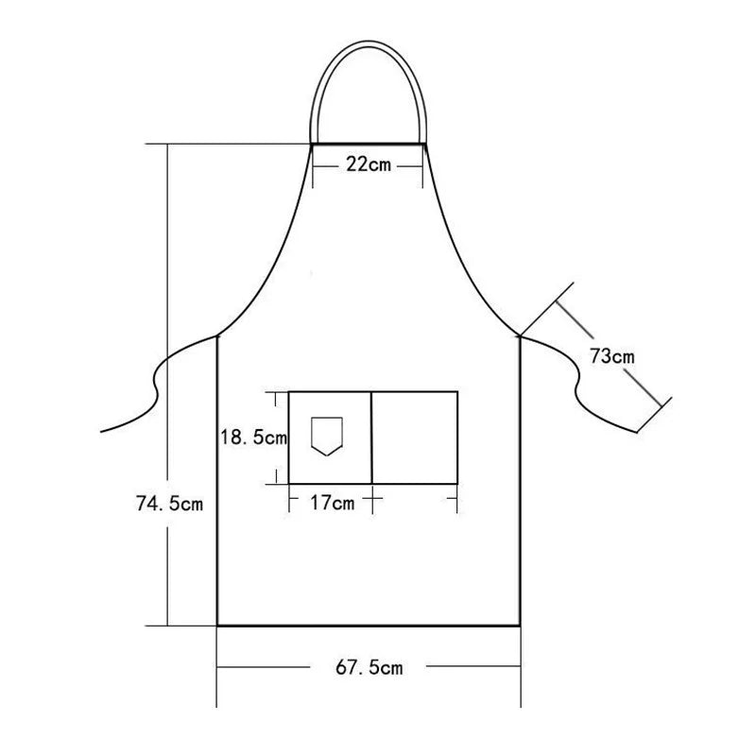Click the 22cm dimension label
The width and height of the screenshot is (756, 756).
[368, 164]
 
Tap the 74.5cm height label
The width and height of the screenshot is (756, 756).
[169, 504]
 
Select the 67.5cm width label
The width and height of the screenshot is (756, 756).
[369, 668]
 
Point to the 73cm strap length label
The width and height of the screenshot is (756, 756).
[611, 357]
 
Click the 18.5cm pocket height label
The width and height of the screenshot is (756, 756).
[252, 438]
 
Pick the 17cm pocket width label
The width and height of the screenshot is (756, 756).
[332, 503]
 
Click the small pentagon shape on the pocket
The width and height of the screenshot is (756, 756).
[325, 436]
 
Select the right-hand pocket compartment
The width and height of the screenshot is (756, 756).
[415, 437]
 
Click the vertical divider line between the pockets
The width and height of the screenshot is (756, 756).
[371, 437]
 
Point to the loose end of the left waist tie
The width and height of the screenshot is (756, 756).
[102, 431]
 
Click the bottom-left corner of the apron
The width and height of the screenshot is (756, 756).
[218, 625]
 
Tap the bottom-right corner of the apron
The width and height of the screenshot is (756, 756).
[520, 625]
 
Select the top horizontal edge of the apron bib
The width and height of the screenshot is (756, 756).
[368, 145]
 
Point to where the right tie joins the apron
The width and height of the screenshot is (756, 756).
[520, 335]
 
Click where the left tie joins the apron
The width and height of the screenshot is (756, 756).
[218, 335]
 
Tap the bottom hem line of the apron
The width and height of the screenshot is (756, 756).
[369, 625]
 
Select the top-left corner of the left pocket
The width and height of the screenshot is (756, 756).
[289, 391]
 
